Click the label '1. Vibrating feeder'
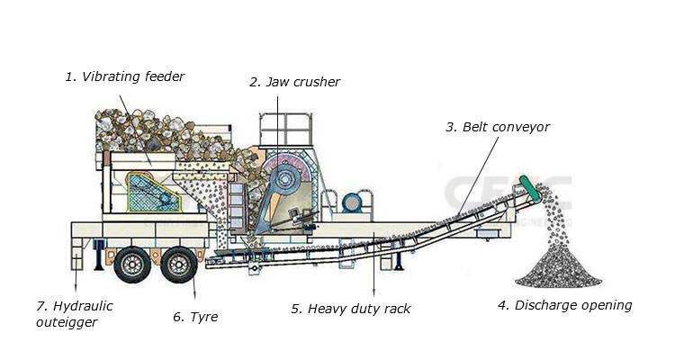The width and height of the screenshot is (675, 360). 124,77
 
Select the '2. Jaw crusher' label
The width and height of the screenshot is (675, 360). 294,83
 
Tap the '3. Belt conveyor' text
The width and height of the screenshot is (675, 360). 497,127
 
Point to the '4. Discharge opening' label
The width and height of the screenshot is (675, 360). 564,305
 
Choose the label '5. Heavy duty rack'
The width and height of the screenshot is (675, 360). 351,309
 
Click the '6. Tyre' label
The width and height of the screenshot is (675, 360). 195,317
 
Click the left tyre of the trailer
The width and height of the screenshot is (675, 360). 132,264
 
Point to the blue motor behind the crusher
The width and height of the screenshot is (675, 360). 351,203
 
